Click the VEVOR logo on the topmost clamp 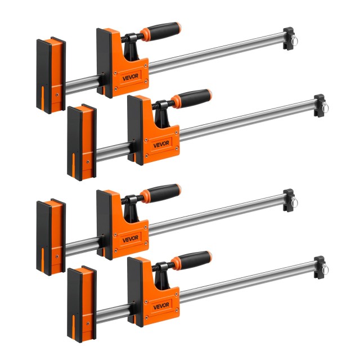coord(130,77)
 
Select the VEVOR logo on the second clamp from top coord(161,144)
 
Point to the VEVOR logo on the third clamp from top coord(130,238)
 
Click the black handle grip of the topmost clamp coord(164,31)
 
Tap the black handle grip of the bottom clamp coord(195,260)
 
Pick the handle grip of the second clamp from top coord(195,98)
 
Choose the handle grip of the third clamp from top coord(164,192)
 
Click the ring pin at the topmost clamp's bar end coord(294,40)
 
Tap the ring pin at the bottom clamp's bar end coord(325,269)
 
